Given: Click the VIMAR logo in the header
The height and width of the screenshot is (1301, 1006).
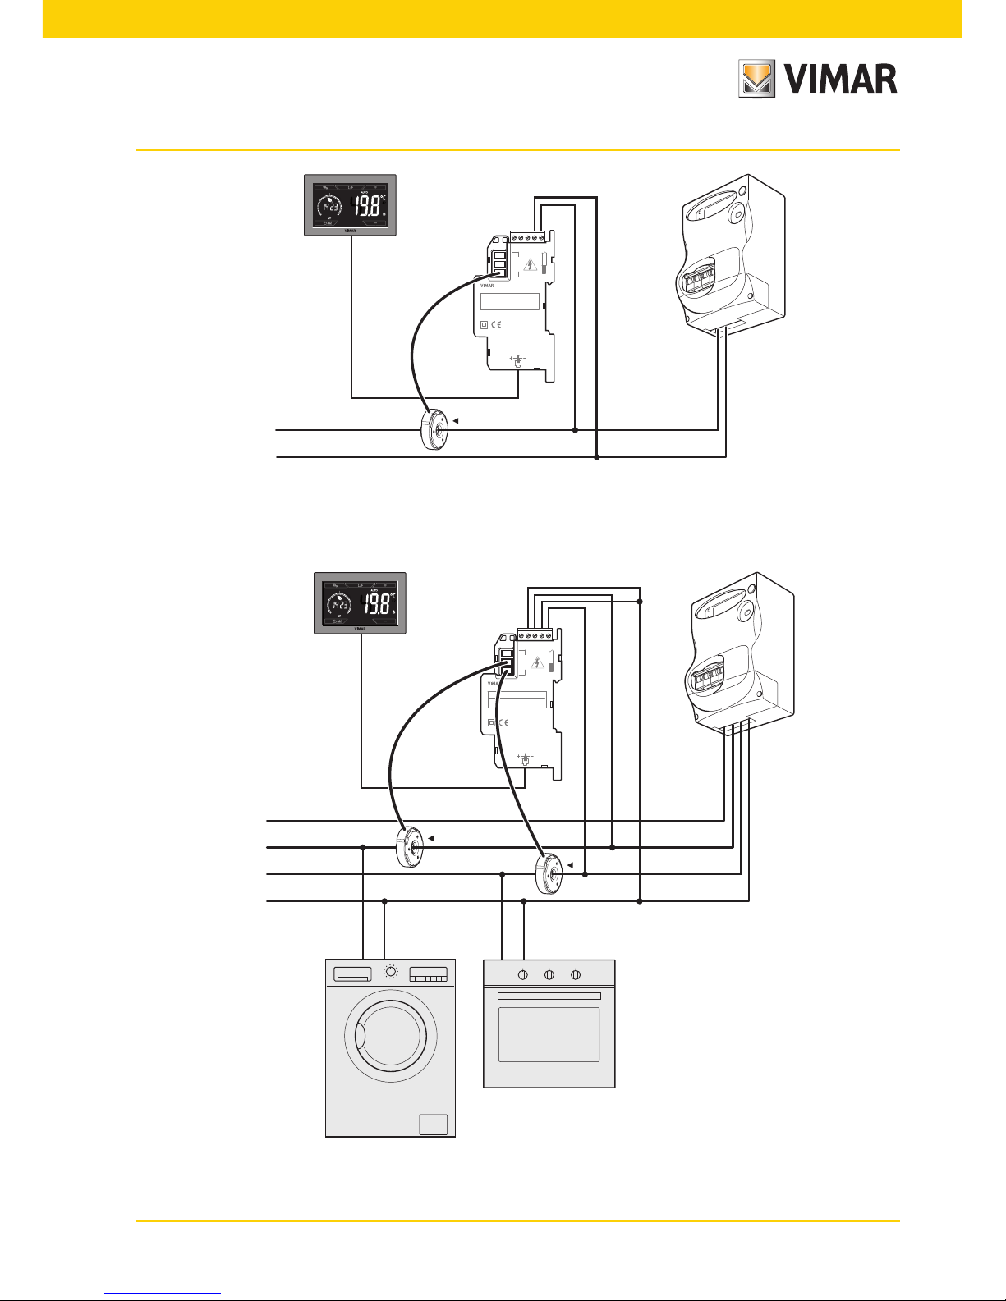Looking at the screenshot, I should click(x=817, y=80).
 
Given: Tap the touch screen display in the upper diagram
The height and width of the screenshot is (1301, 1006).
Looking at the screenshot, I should click(x=351, y=204).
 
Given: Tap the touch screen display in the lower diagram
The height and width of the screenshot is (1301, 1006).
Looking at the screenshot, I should click(x=361, y=603).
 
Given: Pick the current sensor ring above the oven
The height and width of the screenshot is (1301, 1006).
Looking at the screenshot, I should click(x=549, y=874).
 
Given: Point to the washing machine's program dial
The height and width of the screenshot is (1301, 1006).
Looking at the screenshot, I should click(x=391, y=973).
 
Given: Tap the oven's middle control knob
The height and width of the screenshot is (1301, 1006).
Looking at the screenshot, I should click(x=549, y=974).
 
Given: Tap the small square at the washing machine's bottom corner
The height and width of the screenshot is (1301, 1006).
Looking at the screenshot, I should click(x=434, y=1124).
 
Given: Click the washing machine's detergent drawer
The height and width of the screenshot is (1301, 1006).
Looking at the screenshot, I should click(x=353, y=974).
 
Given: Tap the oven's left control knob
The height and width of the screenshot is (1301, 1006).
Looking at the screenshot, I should click(x=522, y=974).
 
